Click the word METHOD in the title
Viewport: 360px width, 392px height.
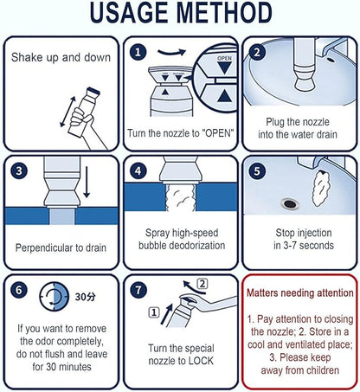click(x=224, y=13)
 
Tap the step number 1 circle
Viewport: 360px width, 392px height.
click(x=138, y=52)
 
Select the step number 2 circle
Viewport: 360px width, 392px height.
click(x=257, y=52)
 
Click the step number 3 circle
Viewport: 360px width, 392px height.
click(x=19, y=170)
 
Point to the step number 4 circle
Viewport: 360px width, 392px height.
click(x=138, y=170)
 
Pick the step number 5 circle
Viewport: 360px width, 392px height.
click(x=257, y=170)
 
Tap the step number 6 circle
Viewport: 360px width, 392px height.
click(x=19, y=290)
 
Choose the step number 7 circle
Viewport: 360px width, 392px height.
click(x=138, y=290)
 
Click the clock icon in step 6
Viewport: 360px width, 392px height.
click(x=55, y=296)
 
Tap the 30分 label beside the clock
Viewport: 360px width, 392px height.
click(x=85, y=297)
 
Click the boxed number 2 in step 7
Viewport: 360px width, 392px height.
click(x=202, y=284)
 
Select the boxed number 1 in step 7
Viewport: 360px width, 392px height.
click(x=154, y=312)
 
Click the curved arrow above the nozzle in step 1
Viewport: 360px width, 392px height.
click(x=171, y=53)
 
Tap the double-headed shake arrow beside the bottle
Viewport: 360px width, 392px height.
click(x=68, y=112)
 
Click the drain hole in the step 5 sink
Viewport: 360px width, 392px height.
click(x=290, y=204)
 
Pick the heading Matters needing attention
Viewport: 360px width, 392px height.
click(x=300, y=293)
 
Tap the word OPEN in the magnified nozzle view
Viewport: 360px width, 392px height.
click(x=224, y=58)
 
